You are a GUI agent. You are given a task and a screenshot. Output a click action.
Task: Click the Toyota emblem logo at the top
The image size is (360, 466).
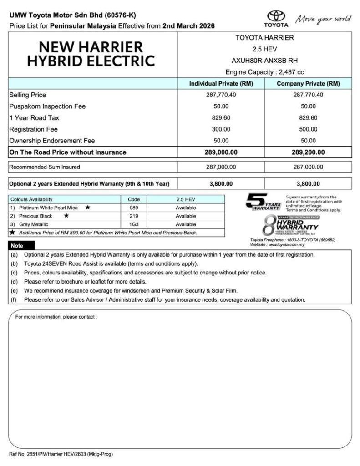point(276,16)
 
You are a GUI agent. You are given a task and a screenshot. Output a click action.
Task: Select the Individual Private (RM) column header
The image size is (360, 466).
point(221,84)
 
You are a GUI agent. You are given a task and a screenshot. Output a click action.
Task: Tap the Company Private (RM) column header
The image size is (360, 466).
point(308,84)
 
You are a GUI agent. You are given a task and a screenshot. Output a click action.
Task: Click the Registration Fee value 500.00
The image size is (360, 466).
point(308,129)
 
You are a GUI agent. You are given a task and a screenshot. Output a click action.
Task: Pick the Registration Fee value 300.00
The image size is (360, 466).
point(221,129)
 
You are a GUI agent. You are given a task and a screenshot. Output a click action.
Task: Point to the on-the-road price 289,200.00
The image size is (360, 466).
point(308,152)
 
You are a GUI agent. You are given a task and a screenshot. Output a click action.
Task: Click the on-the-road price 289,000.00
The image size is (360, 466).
point(221,152)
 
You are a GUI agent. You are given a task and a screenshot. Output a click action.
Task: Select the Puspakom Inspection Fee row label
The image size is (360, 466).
point(47,106)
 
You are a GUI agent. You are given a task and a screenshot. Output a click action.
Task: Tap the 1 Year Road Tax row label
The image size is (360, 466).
point(34,118)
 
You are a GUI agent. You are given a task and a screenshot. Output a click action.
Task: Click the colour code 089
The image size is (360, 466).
point(133,208)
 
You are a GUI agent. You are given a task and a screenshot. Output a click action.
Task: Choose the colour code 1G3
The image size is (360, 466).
point(133,224)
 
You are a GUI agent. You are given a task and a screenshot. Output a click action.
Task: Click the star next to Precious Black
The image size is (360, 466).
point(66,216)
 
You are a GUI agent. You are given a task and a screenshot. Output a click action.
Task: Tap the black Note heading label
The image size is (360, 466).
point(17,246)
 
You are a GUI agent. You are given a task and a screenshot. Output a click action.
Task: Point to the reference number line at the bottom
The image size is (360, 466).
point(61,454)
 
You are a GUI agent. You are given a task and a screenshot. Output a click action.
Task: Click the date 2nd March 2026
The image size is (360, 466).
point(188,26)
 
